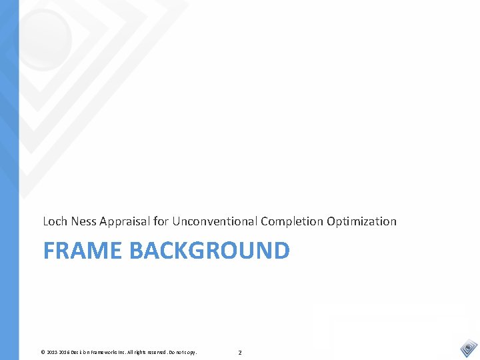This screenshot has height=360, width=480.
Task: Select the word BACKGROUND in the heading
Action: point(209,251)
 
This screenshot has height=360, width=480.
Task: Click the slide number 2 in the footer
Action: point(240,352)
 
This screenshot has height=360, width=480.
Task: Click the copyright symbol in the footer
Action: point(43,352)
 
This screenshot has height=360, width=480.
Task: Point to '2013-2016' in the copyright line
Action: point(58,352)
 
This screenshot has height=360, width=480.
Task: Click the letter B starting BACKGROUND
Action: point(136,251)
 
